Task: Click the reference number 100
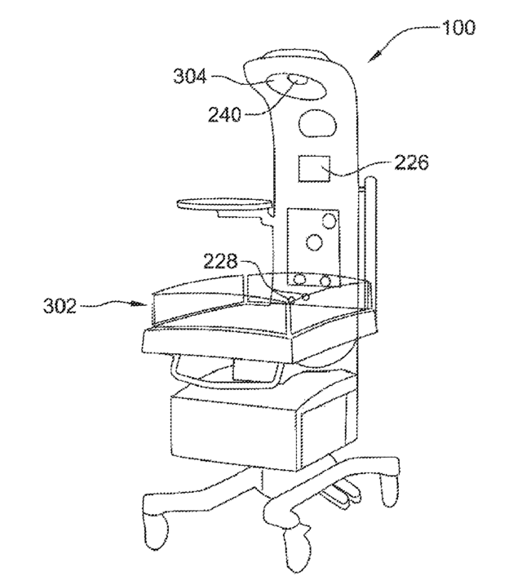click(458, 28)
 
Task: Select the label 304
click(190, 77)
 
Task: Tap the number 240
click(224, 114)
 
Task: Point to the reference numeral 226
click(412, 162)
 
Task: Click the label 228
click(220, 261)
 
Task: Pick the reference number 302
click(60, 306)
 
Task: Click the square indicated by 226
click(314, 169)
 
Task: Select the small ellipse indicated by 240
click(299, 80)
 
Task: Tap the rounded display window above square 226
click(317, 122)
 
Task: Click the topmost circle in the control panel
click(330, 221)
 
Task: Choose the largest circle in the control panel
click(314, 242)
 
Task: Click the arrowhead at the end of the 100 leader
click(374, 58)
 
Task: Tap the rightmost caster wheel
click(390, 490)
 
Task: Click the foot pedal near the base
click(342, 495)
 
